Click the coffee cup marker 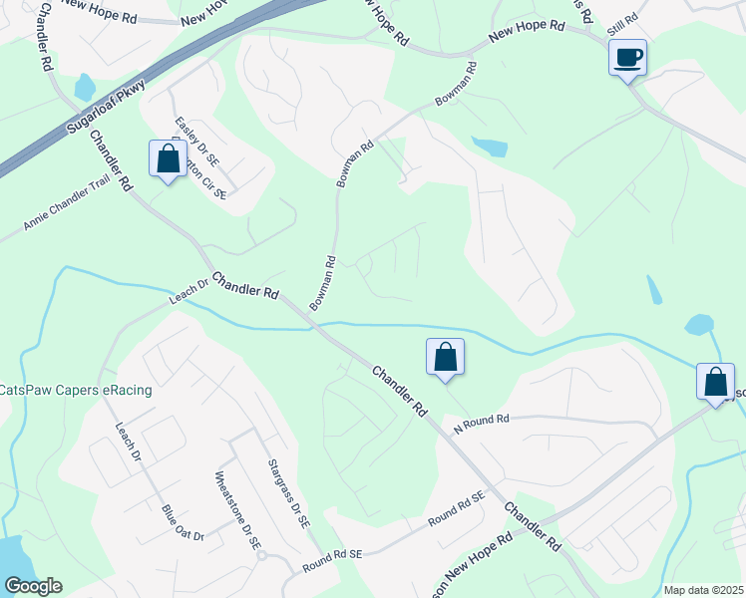(x=628, y=58)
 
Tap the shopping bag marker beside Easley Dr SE (x=168, y=159)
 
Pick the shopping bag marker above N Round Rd (x=445, y=358)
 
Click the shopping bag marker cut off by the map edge (x=714, y=383)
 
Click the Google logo (x=33, y=586)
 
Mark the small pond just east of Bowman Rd (x=489, y=148)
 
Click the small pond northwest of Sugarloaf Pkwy (x=84, y=88)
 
